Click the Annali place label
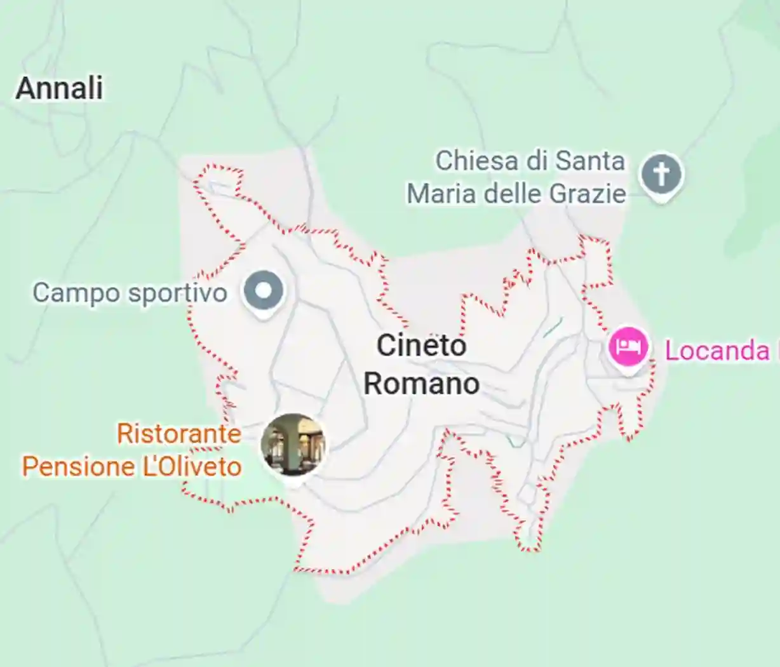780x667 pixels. (x=59, y=88)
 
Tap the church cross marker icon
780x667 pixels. (x=661, y=173)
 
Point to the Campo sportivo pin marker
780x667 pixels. (x=264, y=292)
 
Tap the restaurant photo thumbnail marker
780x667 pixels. (x=293, y=444)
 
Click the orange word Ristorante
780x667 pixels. (x=179, y=434)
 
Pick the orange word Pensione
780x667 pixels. (x=79, y=467)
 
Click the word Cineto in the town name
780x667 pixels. (x=421, y=346)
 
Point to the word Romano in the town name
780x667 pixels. (x=421, y=384)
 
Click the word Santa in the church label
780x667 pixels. (x=590, y=161)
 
